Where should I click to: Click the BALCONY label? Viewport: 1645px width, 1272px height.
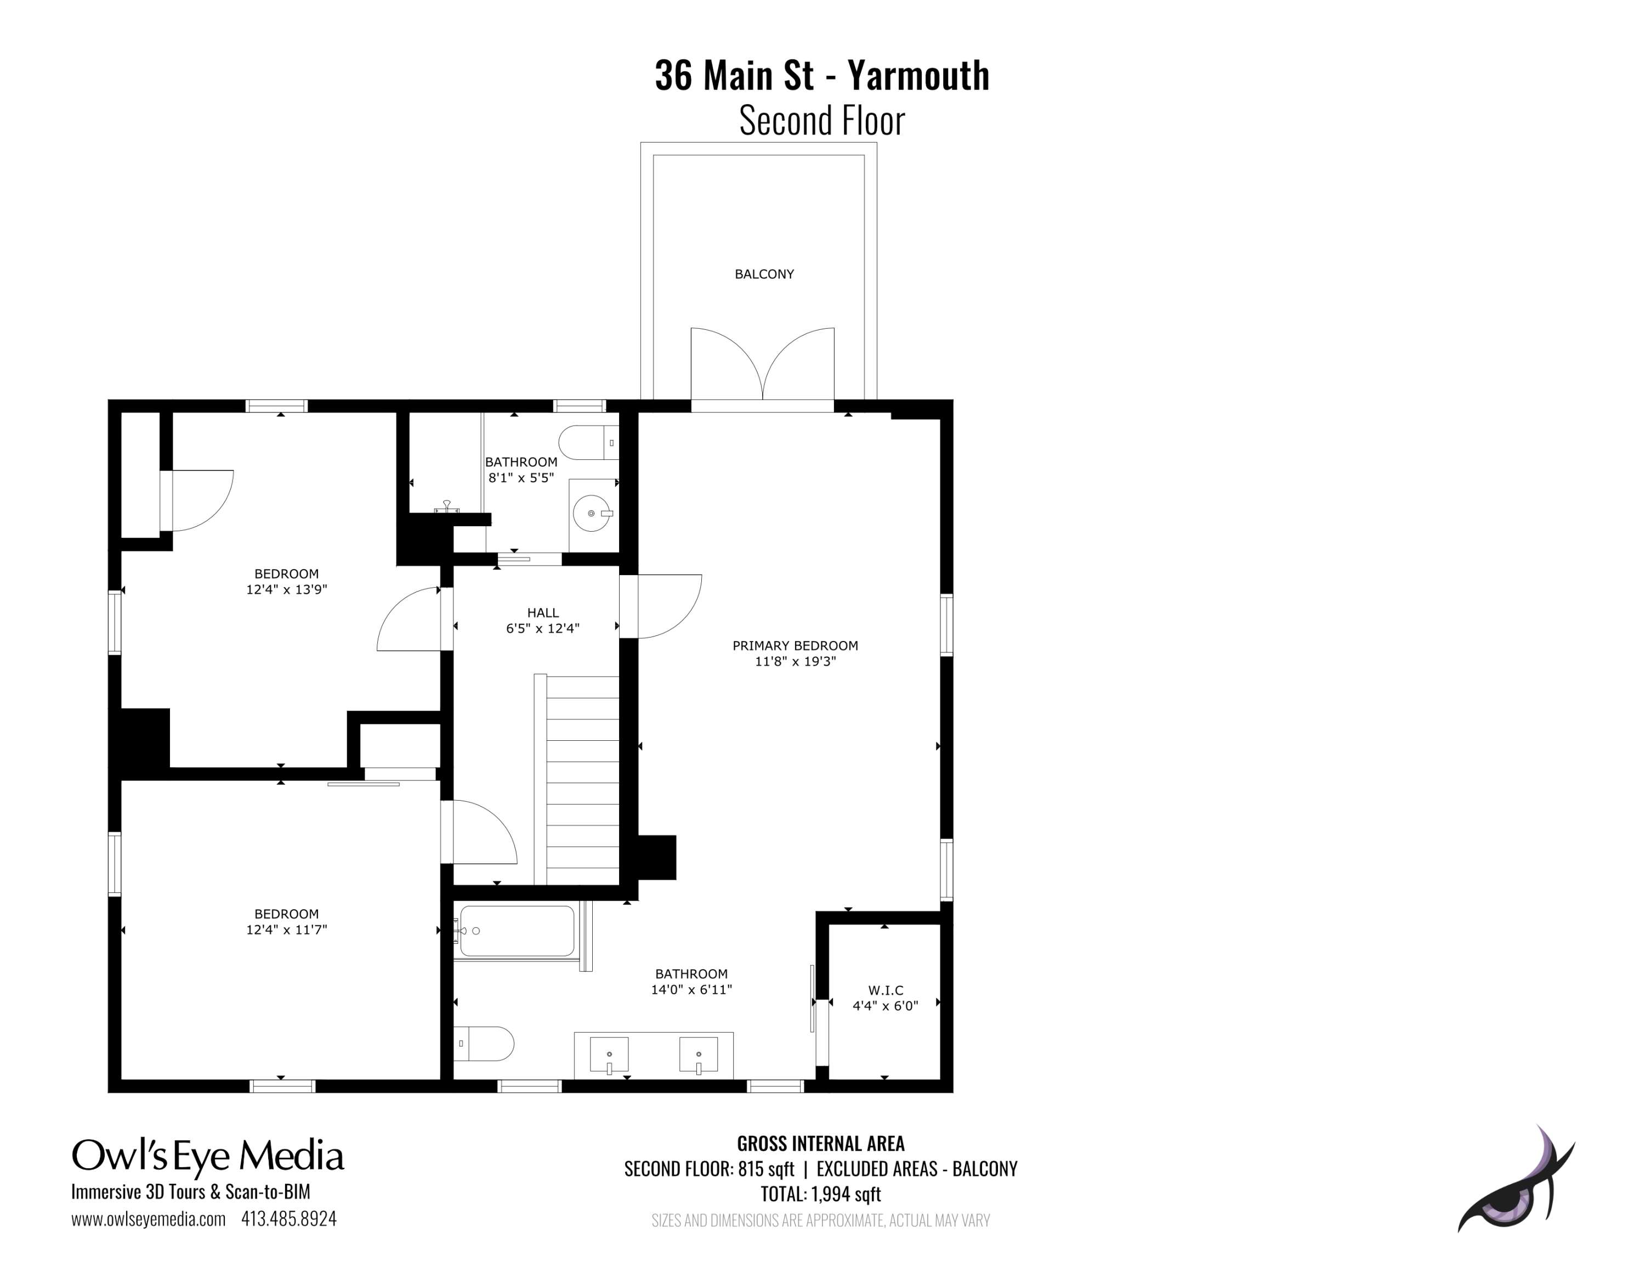point(764,274)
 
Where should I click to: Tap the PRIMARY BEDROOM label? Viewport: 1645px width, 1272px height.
point(796,646)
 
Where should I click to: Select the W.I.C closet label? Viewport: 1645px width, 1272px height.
point(886,990)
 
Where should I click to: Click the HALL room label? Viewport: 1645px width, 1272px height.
point(543,612)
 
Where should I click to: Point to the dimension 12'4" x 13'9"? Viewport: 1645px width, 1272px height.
point(286,589)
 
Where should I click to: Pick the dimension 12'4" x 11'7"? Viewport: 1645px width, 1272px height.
point(286,930)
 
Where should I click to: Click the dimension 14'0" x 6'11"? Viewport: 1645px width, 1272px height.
point(691,989)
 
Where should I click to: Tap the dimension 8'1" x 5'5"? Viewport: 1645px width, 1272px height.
point(521,478)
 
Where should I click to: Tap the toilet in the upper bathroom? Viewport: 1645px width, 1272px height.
point(589,443)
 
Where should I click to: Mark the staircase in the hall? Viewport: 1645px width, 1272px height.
point(577,779)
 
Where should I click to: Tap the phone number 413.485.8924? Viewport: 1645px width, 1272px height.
point(288,1219)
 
